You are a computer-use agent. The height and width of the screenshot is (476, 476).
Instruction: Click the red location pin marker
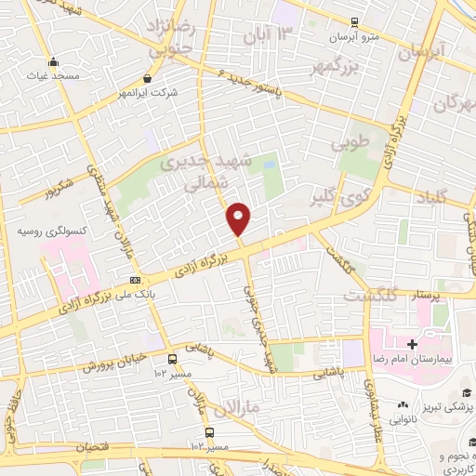[239, 218]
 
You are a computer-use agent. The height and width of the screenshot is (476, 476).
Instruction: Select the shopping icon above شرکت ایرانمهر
[148, 79]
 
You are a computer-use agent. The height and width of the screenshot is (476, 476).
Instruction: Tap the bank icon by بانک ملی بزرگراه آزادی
[137, 280]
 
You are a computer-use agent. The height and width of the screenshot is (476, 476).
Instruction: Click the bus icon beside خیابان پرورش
[172, 359]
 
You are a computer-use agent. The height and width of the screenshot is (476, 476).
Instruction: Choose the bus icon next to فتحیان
[210, 432]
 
